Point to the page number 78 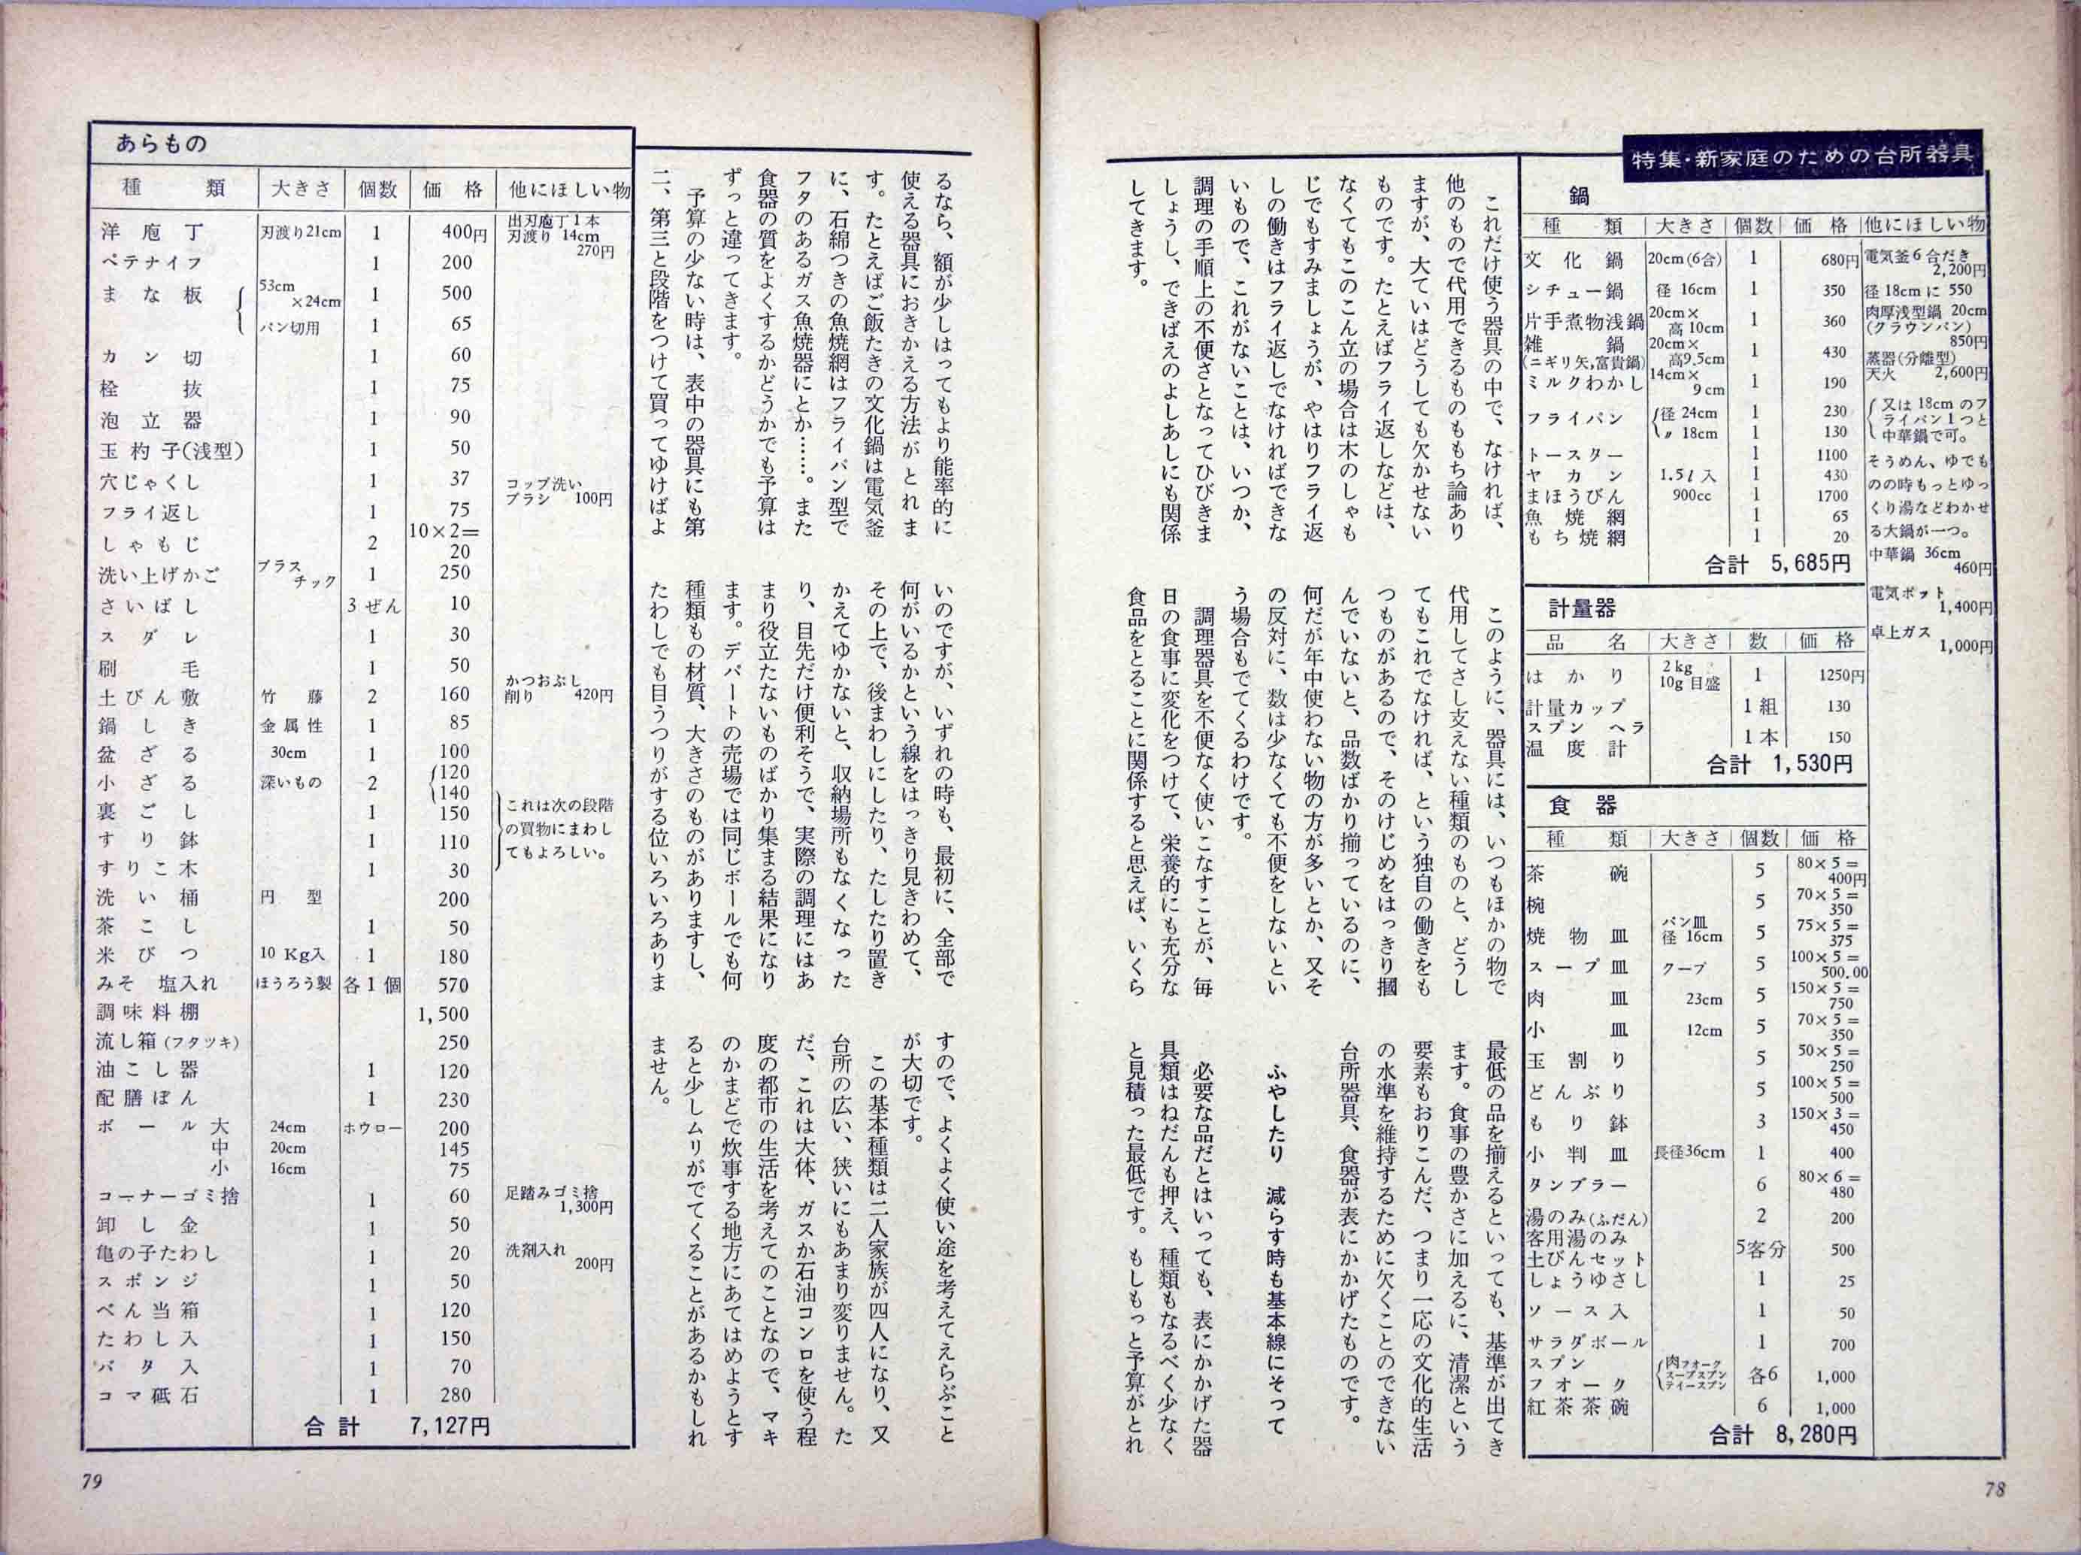click(x=1995, y=1489)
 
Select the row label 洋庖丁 click(x=150, y=232)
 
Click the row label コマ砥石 click(x=150, y=1395)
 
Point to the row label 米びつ click(x=147, y=956)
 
